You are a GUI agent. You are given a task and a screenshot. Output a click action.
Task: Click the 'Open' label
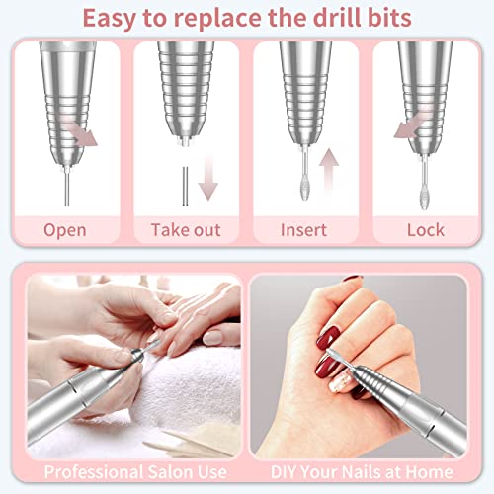(x=65, y=230)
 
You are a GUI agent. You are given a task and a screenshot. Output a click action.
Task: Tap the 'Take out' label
(x=187, y=230)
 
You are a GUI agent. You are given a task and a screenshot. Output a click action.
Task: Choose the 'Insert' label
(x=307, y=230)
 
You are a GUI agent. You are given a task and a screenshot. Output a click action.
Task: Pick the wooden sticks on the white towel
(x=188, y=441)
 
